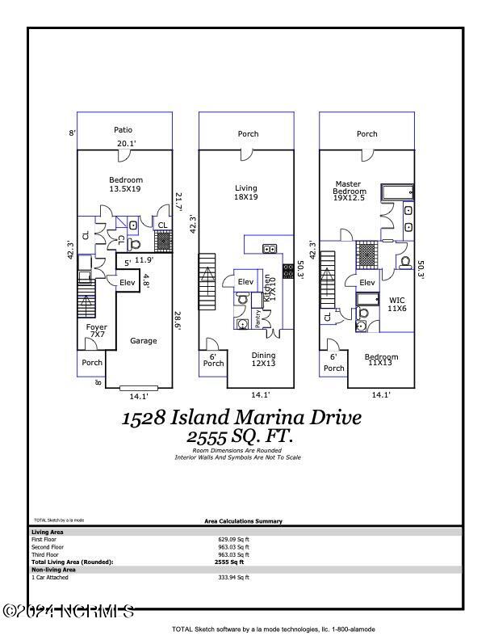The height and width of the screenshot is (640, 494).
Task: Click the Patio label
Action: tap(123, 129)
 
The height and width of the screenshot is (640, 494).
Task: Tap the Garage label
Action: tap(144, 341)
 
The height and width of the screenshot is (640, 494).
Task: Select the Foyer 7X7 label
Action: tap(97, 331)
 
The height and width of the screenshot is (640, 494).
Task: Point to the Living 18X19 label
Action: tap(245, 192)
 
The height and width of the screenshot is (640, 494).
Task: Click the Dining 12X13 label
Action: tap(263, 359)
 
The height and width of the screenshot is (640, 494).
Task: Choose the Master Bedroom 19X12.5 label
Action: tap(350, 187)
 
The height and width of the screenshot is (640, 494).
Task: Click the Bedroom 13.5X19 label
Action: tap(126, 184)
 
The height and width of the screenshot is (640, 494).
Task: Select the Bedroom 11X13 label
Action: tap(381, 360)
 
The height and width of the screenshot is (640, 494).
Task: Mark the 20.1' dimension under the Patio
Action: tap(127, 144)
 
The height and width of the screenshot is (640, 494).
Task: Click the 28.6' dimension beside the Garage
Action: tap(178, 322)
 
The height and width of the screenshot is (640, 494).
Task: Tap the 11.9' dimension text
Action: tap(144, 260)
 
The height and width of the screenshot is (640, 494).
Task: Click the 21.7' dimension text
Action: tap(178, 202)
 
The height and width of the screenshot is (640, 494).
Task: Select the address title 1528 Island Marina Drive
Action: tap(241, 418)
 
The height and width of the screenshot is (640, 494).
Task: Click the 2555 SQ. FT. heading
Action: tap(241, 436)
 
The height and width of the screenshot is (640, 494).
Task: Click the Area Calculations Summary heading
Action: tap(243, 521)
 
